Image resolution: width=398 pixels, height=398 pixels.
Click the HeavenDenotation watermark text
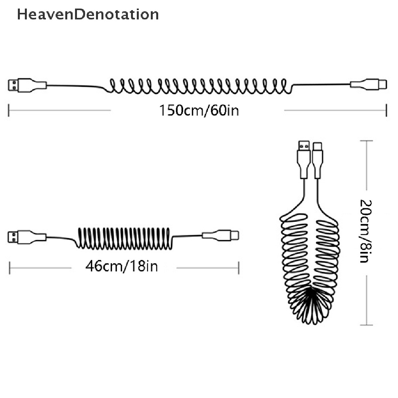tap(88, 15)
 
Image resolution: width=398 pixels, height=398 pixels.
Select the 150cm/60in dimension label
tap(199, 111)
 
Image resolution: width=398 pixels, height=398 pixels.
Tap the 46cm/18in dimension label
tap(122, 267)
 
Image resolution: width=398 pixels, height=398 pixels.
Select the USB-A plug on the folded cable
tap(303, 148)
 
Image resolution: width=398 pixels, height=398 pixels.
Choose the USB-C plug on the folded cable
tap(317, 148)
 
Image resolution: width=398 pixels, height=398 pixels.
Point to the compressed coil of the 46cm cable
tap(124, 238)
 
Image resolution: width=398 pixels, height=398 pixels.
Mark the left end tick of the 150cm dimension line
tap(9, 110)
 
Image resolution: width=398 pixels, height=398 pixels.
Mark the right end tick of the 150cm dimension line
tap(386, 110)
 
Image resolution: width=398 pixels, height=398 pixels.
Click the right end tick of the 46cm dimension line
tap(239, 267)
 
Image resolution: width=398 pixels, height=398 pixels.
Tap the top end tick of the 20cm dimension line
tap(367, 141)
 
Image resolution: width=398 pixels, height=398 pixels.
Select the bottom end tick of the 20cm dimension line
tap(367, 325)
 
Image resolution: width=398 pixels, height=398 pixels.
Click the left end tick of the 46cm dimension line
tap(9, 267)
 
